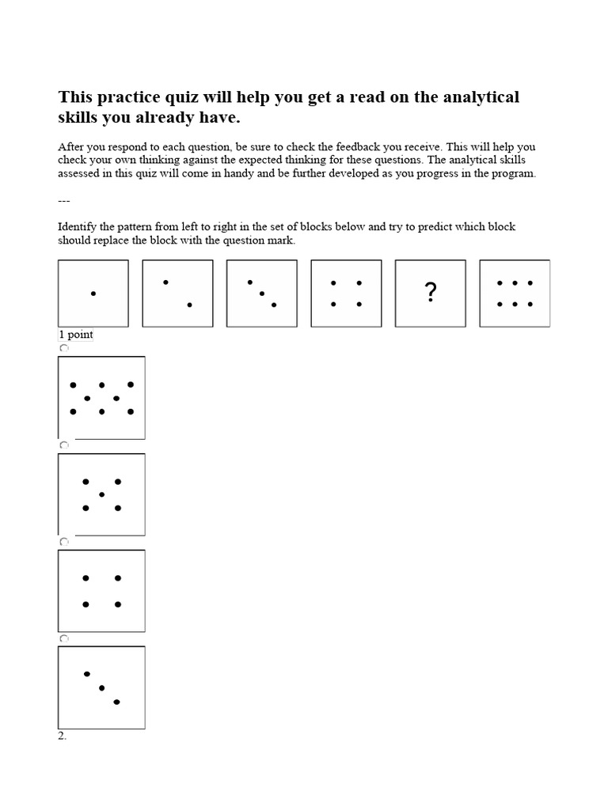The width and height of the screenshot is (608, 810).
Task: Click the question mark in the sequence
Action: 430,293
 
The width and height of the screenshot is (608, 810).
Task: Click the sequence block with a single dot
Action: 93,293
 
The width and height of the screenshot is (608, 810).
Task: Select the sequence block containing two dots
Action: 177,293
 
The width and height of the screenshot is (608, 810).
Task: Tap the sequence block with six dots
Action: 515,293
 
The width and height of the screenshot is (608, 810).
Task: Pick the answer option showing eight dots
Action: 101,397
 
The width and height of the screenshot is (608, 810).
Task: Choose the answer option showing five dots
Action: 101,494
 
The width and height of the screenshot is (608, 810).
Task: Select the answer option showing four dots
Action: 101,591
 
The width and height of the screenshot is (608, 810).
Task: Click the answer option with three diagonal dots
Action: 101,687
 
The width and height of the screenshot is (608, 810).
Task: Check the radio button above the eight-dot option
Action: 64,348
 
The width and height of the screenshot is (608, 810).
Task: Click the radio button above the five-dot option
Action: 64,445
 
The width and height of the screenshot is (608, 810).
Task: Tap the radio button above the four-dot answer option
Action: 64,542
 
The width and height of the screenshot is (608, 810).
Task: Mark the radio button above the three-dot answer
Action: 64,638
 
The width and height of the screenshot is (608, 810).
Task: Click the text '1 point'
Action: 75,335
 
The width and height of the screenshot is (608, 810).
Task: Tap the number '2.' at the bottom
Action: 63,736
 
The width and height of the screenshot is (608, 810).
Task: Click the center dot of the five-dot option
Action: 101,494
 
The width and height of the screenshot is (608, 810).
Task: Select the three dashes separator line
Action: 64,200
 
